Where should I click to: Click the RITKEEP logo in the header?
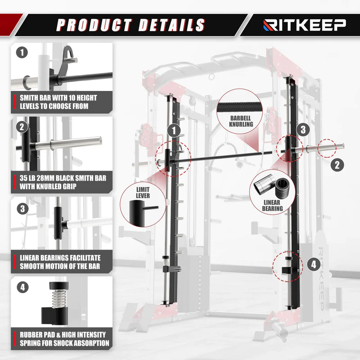(305, 25)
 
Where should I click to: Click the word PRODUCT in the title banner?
(94, 25)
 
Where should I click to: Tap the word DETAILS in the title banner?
(171, 25)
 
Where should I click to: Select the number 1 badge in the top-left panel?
(22, 52)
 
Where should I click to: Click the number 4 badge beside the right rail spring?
(314, 265)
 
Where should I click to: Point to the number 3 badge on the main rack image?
(303, 130)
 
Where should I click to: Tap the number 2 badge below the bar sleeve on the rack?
(337, 165)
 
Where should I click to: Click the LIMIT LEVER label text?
(143, 193)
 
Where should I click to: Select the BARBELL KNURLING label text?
(241, 121)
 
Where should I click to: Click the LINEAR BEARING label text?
(272, 205)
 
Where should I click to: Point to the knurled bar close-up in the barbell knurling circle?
(240, 108)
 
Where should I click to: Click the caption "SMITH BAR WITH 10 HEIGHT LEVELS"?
(58, 102)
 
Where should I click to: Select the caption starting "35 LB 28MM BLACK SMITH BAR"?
(63, 182)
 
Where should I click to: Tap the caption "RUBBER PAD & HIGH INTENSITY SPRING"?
(64, 339)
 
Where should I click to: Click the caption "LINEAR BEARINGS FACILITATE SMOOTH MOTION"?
(60, 262)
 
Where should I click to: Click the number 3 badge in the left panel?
(23, 209)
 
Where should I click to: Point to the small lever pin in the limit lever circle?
(151, 208)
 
